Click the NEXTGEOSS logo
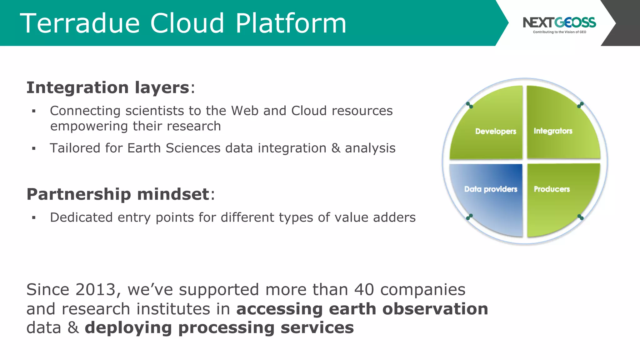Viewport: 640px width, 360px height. pyautogui.click(x=559, y=22)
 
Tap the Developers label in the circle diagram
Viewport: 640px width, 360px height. pyautogui.click(x=496, y=131)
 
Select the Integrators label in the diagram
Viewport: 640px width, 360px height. pyautogui.click(x=553, y=131)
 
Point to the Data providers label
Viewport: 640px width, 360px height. pyautogui.click(x=491, y=189)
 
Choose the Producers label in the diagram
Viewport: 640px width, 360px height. pyautogui.click(x=552, y=189)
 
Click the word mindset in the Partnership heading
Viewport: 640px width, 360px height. pyautogui.click(x=173, y=194)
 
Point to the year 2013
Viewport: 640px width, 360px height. pyautogui.click(x=96, y=289)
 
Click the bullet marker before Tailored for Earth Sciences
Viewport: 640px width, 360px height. pyautogui.click(x=34, y=148)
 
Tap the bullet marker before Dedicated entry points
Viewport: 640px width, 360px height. pyautogui.click(x=34, y=218)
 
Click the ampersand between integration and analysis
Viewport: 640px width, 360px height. pyautogui.click(x=336, y=148)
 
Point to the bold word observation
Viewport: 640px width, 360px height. pyautogui.click(x=435, y=309)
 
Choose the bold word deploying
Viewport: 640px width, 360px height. pyautogui.click(x=128, y=328)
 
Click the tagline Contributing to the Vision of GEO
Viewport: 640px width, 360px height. pyautogui.click(x=559, y=32)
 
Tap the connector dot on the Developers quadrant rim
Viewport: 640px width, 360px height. pyautogui.click(x=469, y=105)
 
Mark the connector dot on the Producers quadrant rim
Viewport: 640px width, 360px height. pyautogui.click(x=580, y=217)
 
